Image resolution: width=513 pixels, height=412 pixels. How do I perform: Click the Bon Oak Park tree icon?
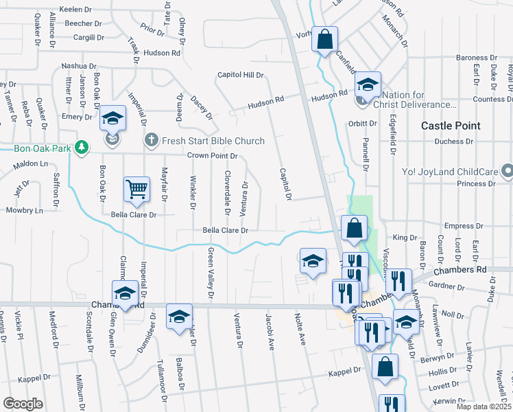(82, 148)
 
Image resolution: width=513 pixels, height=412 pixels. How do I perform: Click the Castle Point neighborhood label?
(450, 126)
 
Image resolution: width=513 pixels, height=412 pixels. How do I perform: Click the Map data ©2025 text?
(484, 406)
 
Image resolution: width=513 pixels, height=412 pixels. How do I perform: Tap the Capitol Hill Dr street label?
(241, 75)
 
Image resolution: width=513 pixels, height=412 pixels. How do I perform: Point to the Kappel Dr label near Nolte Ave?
(344, 371)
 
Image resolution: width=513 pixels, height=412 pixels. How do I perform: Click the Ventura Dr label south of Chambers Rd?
(239, 331)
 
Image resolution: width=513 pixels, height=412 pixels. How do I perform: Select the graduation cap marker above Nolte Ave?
(313, 262)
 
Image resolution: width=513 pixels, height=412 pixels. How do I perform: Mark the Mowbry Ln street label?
(25, 209)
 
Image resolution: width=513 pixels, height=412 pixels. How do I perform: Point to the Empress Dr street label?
(460, 226)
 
